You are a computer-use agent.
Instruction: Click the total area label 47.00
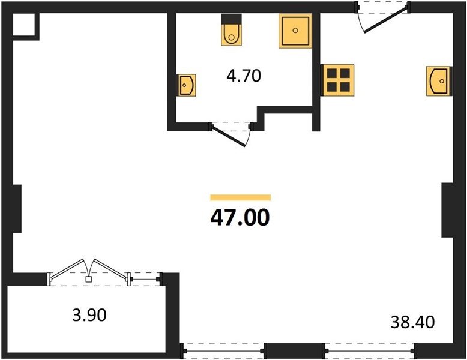click(x=240, y=217)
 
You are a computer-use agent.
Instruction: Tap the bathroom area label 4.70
click(x=244, y=76)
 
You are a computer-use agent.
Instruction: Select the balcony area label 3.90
click(x=89, y=315)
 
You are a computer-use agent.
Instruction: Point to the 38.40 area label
click(x=412, y=322)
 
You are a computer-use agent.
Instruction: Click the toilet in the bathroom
click(x=232, y=30)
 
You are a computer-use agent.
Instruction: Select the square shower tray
click(x=295, y=31)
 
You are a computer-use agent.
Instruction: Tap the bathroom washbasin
click(x=187, y=85)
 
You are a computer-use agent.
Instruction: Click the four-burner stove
click(x=338, y=80)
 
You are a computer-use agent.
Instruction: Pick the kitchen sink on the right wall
click(x=439, y=81)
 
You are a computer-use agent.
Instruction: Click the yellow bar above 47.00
click(x=240, y=197)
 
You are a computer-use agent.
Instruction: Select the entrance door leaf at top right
click(x=386, y=21)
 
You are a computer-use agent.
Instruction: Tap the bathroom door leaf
click(x=229, y=137)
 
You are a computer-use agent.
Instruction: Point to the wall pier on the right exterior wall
click(x=447, y=210)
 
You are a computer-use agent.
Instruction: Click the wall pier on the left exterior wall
click(x=17, y=209)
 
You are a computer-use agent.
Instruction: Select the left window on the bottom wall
click(x=223, y=351)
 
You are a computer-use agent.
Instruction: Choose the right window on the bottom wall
click(x=369, y=351)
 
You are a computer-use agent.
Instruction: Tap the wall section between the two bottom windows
click(x=294, y=350)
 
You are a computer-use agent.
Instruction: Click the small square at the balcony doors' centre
click(x=88, y=279)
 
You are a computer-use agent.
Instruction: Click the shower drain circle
click(x=295, y=30)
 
